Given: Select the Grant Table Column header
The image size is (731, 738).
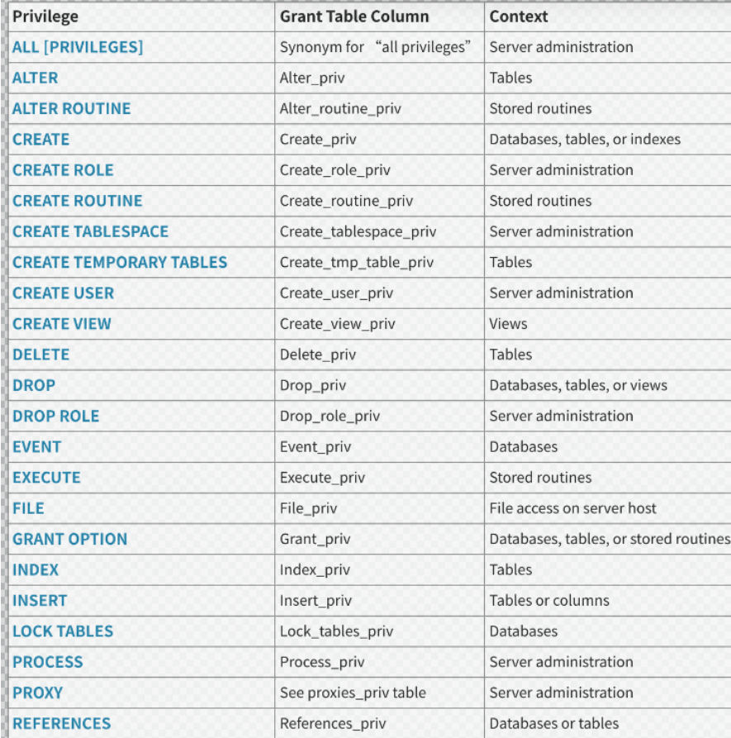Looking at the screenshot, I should [x=354, y=17].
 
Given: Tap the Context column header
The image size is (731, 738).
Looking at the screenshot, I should [x=519, y=17].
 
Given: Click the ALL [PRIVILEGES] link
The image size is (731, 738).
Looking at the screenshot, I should [x=78, y=47].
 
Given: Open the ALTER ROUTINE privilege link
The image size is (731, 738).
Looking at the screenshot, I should [x=72, y=108].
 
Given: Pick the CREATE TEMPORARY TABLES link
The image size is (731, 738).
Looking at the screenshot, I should [x=120, y=262].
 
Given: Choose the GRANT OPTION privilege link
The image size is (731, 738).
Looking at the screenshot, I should [x=70, y=539].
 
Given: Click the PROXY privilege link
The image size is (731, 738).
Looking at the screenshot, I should [x=38, y=693].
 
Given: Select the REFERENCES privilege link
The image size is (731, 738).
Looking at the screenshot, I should [x=62, y=723].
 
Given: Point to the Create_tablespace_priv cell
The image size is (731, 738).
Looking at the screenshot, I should [x=356, y=231].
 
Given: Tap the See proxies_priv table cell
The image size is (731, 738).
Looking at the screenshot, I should [x=353, y=693].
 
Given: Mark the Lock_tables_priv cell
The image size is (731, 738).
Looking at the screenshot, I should [x=336, y=631].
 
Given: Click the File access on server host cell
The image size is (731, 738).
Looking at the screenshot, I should [x=572, y=508].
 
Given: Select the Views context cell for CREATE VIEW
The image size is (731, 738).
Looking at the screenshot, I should [x=508, y=324].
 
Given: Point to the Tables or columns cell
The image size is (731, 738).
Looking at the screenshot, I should [x=549, y=601].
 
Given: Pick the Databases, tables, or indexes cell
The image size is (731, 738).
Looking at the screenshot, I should [x=585, y=139].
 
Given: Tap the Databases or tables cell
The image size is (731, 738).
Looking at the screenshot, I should [x=553, y=723].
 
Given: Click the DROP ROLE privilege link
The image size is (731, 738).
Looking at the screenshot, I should [x=56, y=416].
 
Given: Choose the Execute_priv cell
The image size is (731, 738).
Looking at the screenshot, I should [x=322, y=478].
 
